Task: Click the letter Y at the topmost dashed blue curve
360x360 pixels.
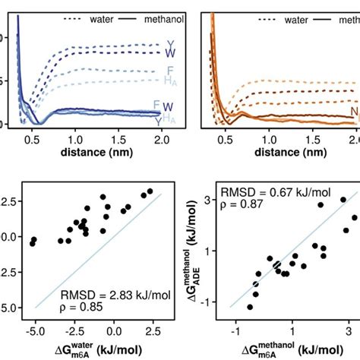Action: coord(169,44)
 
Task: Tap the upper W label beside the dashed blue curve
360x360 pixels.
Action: coord(169,53)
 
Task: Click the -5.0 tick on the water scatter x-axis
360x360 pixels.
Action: coord(33,332)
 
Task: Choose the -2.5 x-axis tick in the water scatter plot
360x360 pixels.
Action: coord(72,332)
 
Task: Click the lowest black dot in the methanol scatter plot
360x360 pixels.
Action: coord(250,307)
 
